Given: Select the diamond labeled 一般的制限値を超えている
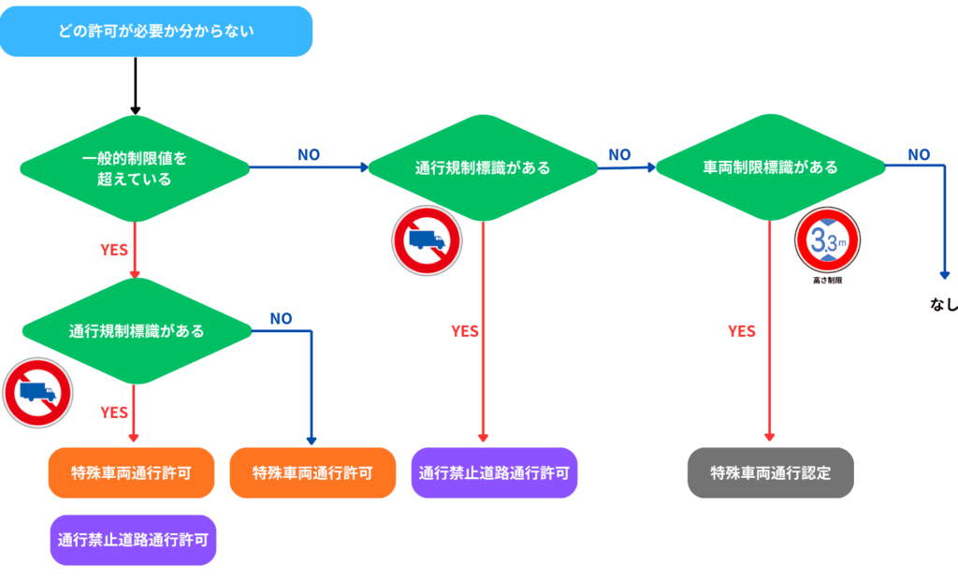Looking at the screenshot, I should [135, 168].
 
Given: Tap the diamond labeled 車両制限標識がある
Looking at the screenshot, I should [770, 168].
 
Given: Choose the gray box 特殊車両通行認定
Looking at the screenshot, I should [770, 471].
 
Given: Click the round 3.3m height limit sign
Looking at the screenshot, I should [827, 240].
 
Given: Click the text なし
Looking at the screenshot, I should [944, 304].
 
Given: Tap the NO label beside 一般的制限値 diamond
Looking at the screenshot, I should [309, 154].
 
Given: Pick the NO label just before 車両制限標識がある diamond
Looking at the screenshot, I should [619, 154].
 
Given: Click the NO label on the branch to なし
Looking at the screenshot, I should [919, 154].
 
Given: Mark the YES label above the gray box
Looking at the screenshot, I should [742, 331].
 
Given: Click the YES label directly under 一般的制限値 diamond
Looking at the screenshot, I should [114, 250].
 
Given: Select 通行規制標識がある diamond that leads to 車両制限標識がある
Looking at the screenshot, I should [483, 168].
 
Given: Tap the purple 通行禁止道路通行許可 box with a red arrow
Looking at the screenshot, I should [494, 471].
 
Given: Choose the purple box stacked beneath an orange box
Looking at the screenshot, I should [133, 540].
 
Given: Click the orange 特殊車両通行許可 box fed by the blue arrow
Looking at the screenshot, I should [312, 471].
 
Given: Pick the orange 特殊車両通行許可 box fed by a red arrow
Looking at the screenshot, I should [131, 471].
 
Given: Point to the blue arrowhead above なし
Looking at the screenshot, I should [945, 275].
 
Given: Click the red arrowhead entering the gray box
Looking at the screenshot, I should [770, 437].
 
